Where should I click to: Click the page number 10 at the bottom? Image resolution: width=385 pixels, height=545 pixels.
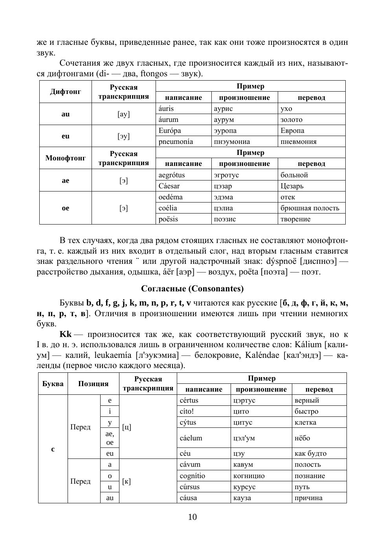click(x=192, y=517)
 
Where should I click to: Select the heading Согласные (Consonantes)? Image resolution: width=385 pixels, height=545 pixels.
click(x=192, y=289)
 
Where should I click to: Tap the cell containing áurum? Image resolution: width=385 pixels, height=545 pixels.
click(x=169, y=120)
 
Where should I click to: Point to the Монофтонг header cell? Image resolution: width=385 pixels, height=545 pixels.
click(x=66, y=158)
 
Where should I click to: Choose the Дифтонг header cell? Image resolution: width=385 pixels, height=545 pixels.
click(x=66, y=92)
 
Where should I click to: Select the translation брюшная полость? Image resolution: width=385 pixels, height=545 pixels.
click(x=310, y=208)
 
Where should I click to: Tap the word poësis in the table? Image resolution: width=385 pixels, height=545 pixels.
click(x=169, y=219)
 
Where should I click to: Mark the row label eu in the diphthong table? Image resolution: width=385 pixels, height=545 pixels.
click(x=66, y=136)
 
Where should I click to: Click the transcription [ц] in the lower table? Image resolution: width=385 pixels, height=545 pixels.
click(x=127, y=427)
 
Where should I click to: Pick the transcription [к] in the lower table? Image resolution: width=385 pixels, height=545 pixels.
click(x=126, y=481)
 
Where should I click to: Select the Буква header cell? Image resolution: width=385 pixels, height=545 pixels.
click(x=53, y=384)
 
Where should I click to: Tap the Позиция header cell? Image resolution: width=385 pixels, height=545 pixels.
click(x=93, y=384)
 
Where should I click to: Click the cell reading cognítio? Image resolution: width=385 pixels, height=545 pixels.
click(x=192, y=476)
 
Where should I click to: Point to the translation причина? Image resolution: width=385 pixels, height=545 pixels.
click(x=309, y=498)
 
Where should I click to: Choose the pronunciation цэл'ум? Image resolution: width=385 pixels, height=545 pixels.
click(x=244, y=438)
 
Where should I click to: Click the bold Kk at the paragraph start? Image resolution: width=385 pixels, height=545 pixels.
click(x=66, y=334)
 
